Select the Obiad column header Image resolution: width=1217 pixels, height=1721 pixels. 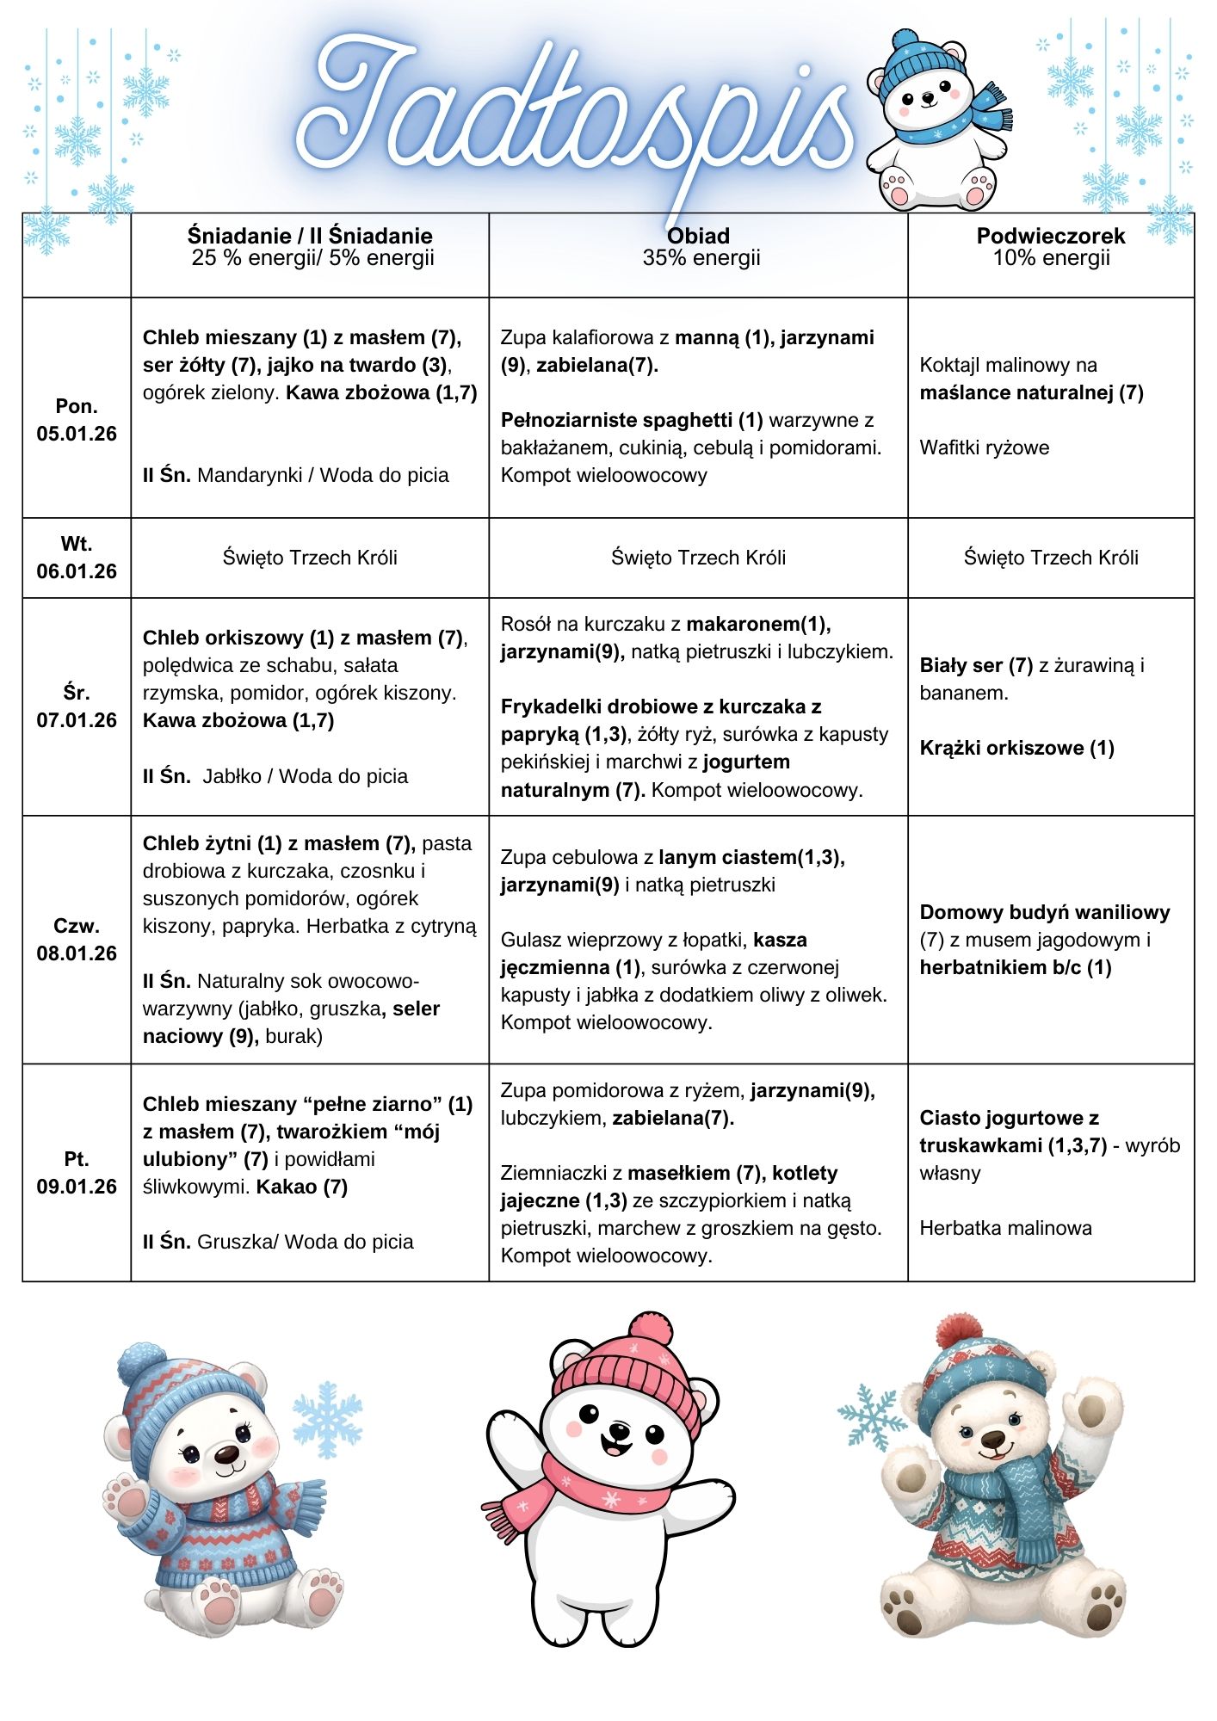(698, 236)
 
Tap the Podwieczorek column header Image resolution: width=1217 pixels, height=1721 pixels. (1050, 236)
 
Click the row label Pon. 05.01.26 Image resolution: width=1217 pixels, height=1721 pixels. (77, 420)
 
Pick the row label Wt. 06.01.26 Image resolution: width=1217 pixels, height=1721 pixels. (77, 558)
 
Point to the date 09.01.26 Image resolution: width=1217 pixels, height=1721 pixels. (77, 1187)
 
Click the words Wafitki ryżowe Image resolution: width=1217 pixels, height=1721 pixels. (984, 447)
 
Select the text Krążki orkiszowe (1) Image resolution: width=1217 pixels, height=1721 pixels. (1016, 748)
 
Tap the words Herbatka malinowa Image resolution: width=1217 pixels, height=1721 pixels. (1005, 1228)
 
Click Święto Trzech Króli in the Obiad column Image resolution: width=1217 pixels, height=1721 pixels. (698, 558)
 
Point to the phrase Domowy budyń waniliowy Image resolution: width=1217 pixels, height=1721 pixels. (1044, 912)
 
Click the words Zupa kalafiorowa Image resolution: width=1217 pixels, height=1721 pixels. (578, 337)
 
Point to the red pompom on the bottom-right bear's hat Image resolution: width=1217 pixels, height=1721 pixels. (958, 1332)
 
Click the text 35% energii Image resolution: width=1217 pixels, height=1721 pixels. (701, 258)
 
